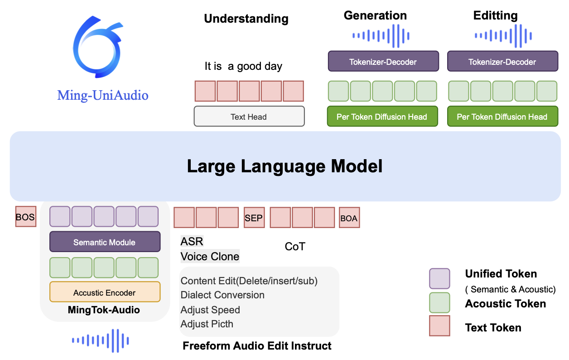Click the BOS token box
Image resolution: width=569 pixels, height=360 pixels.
tap(26, 217)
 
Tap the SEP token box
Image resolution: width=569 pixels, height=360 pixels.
tap(254, 218)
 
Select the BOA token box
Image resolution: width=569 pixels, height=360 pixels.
tap(349, 218)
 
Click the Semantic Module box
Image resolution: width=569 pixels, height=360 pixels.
tap(105, 242)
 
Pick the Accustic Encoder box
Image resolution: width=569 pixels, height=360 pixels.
tap(105, 292)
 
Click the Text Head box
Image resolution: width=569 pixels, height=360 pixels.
tap(249, 117)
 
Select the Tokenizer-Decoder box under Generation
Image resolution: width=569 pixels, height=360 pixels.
tap(383, 61)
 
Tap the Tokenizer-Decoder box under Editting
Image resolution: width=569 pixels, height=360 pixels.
tap(503, 61)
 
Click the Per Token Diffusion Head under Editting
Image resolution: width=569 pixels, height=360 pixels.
tap(503, 117)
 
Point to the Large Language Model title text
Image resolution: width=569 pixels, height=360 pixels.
tap(285, 166)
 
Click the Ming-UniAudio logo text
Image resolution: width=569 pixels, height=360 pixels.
tap(103, 96)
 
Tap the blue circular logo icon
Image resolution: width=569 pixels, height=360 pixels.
tap(98, 47)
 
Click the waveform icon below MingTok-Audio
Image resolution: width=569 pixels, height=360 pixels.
tap(100, 341)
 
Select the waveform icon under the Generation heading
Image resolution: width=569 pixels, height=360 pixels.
tap(381, 36)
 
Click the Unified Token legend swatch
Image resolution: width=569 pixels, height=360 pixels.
tap(439, 279)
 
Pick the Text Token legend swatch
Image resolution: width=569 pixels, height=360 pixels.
tap(439, 326)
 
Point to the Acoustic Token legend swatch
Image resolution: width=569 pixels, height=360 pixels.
tap(439, 302)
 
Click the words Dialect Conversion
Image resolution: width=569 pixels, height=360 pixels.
tap(222, 295)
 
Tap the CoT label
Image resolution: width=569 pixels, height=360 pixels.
tap(295, 246)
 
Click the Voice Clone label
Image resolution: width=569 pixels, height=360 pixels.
tap(210, 256)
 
